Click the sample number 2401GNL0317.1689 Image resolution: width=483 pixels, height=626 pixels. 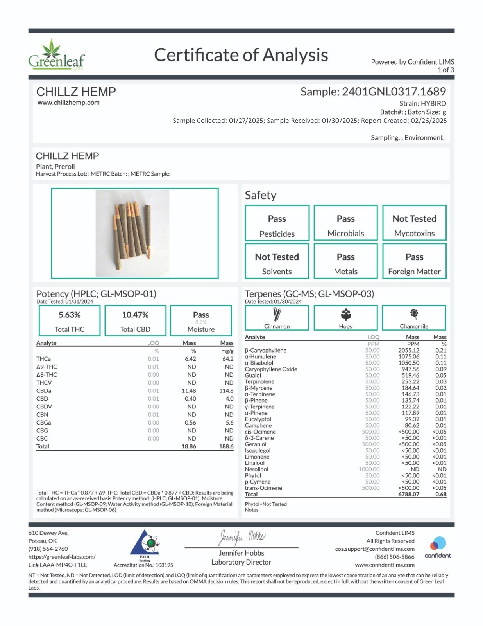[x=394, y=92]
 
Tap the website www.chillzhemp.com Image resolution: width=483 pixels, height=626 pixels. [x=68, y=103]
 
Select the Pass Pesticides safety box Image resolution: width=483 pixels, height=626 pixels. [x=277, y=223]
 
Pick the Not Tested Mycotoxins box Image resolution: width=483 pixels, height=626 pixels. [x=414, y=223]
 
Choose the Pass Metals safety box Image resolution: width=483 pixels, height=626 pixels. [x=345, y=261]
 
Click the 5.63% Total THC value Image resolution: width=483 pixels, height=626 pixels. [x=70, y=315]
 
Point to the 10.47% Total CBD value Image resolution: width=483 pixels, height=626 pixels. [x=135, y=315]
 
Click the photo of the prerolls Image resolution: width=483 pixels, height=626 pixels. [x=132, y=233]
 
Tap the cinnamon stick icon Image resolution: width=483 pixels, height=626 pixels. [x=277, y=314]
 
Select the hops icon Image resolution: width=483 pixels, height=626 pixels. [x=345, y=314]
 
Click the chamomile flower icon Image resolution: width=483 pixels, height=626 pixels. [x=414, y=314]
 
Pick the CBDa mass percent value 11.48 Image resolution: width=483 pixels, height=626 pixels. [x=189, y=391]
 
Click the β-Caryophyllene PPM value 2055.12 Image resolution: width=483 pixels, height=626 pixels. [x=409, y=351]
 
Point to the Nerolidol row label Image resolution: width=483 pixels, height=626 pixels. [x=256, y=469]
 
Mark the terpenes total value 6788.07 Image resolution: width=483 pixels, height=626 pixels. [x=409, y=495]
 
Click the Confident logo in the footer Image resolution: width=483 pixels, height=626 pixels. [x=438, y=547]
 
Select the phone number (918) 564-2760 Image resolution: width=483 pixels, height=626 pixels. [x=48, y=549]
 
